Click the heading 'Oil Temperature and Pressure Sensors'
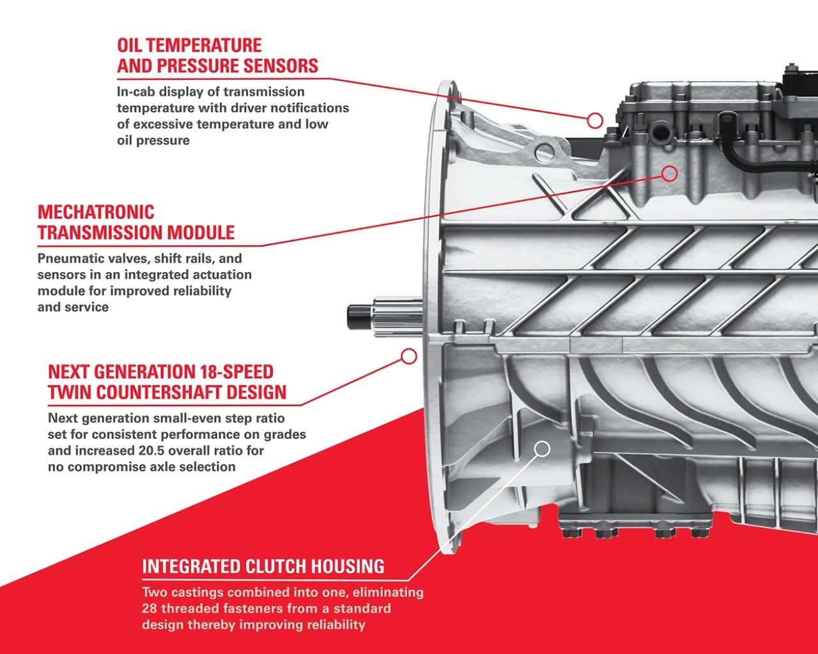[x=217, y=56]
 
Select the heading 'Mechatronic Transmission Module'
[x=135, y=222]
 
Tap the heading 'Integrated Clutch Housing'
[x=263, y=567]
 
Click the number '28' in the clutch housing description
[x=150, y=608]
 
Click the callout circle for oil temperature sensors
[x=595, y=119]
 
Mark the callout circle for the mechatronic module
[x=669, y=173]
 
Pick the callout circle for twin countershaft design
[x=408, y=356]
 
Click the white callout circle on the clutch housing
[x=542, y=449]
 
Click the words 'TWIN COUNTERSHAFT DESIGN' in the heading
[x=167, y=393]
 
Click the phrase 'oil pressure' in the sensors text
[x=153, y=141]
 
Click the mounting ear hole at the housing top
[x=544, y=152]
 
